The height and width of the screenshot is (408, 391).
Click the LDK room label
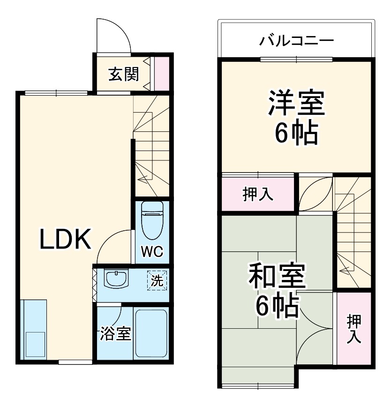pos(64,241)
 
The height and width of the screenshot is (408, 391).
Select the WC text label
pos(152,252)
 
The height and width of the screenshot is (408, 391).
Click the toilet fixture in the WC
pos(151,220)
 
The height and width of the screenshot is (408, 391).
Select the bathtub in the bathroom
pos(151,333)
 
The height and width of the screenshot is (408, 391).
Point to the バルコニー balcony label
pos(297,40)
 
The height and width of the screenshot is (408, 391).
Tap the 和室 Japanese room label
pos(277,277)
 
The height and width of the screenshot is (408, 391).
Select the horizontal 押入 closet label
pos(258,194)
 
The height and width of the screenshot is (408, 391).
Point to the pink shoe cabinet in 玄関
pos(162,73)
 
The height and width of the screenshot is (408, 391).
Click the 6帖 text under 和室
pos(277,307)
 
